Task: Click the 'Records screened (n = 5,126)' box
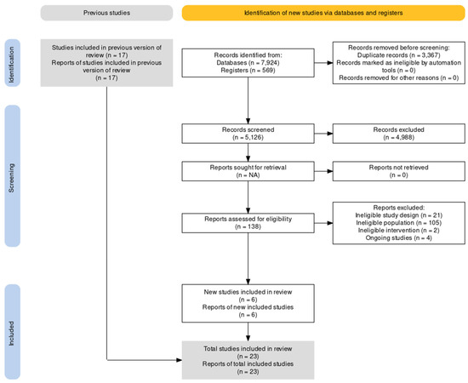tap(247, 132)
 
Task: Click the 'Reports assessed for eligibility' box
tap(247, 223)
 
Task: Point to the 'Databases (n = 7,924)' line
tap(248, 65)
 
